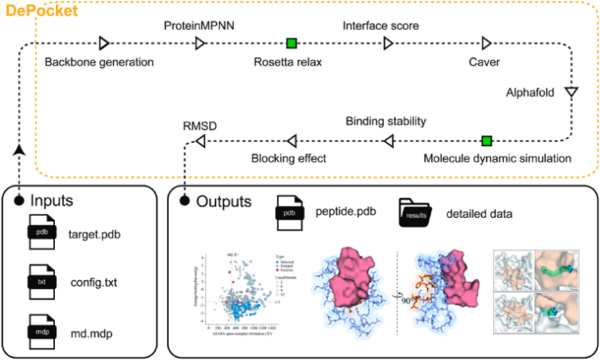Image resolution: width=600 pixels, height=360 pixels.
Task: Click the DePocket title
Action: coord(40,11)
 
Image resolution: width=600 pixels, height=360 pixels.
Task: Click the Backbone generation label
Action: coord(99,62)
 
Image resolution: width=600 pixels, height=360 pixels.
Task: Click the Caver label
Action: coord(485,62)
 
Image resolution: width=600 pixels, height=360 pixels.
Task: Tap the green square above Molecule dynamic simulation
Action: coord(486,140)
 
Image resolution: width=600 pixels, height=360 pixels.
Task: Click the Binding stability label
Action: coord(385,122)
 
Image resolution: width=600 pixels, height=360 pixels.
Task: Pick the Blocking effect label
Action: coord(288,159)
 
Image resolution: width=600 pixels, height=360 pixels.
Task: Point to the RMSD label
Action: coord(200,125)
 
